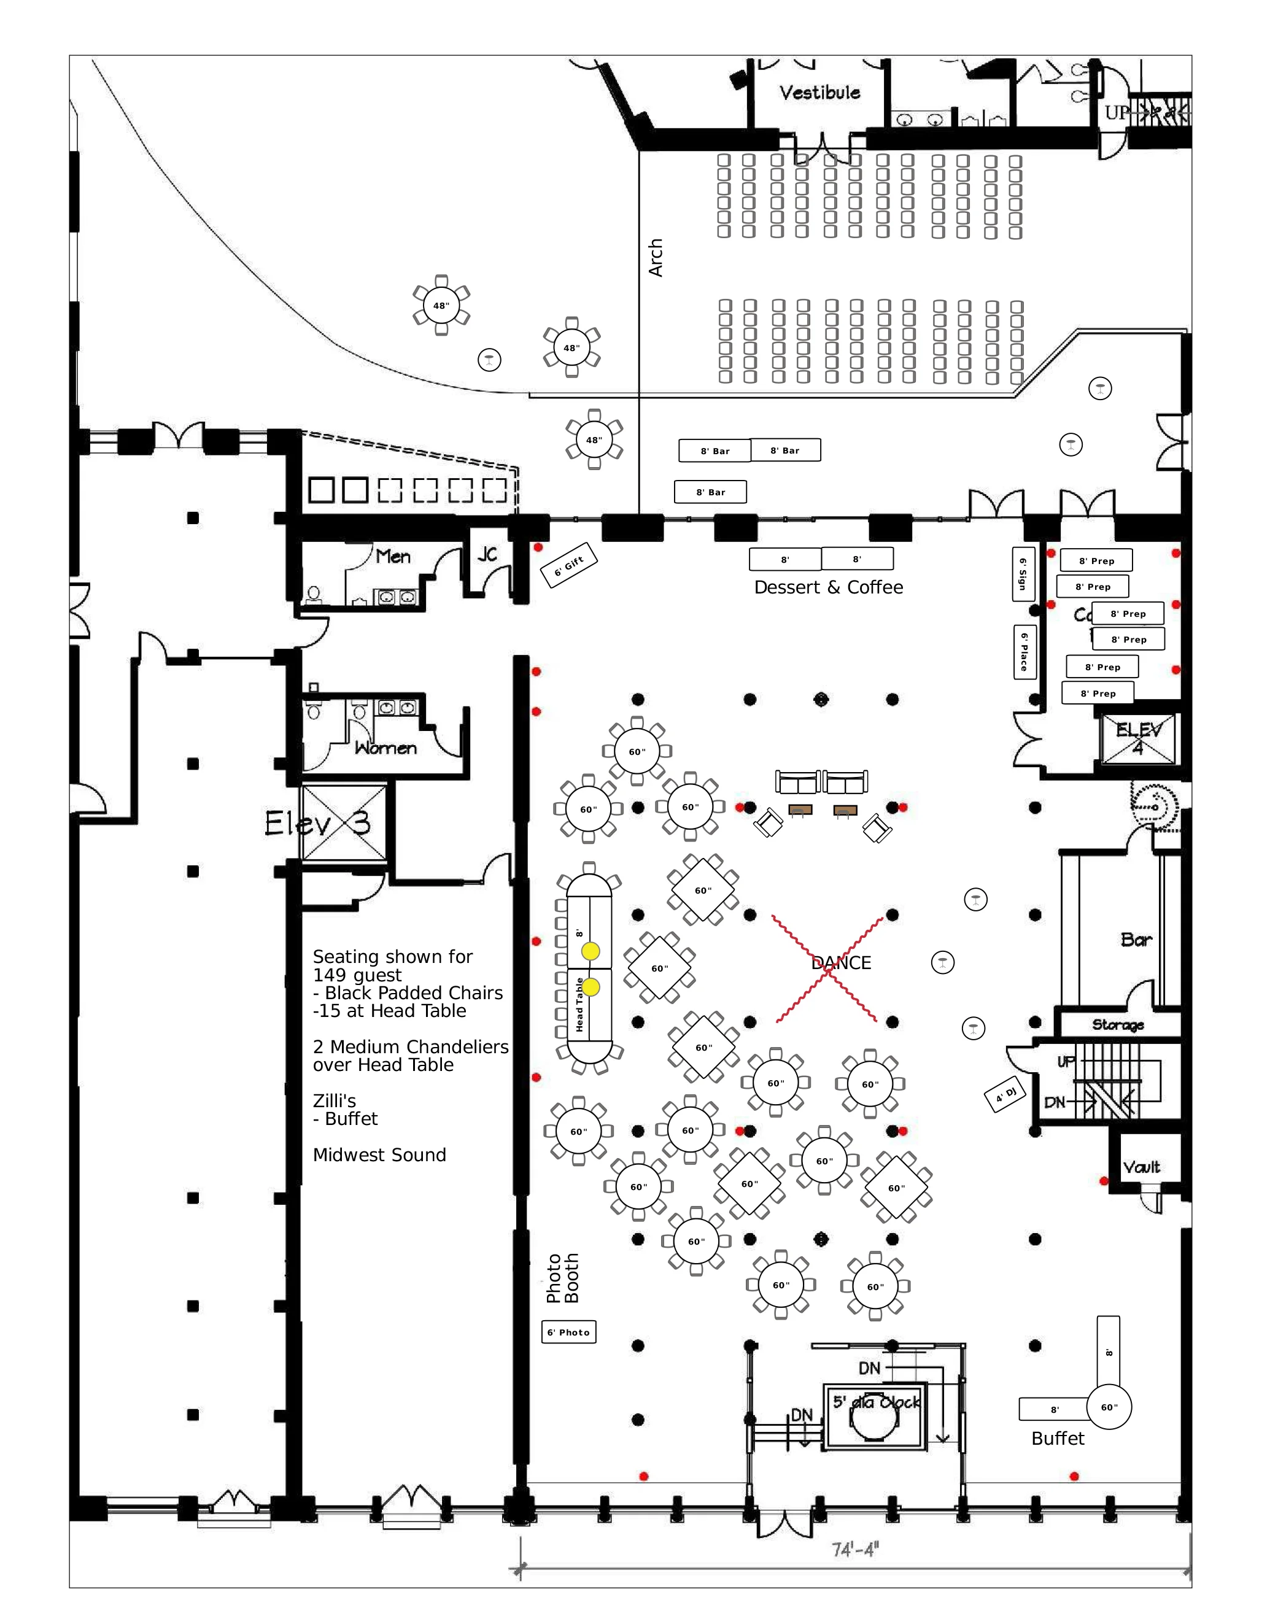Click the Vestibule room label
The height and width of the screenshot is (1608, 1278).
pyautogui.click(x=819, y=93)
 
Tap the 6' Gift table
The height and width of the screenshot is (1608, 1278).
pyautogui.click(x=568, y=565)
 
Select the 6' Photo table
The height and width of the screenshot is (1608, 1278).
pyautogui.click(x=568, y=1332)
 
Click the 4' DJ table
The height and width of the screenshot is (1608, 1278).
pyautogui.click(x=1005, y=1095)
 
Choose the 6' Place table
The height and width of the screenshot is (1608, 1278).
pyautogui.click(x=1024, y=651)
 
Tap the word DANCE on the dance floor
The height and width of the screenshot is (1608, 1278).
pyautogui.click(x=841, y=963)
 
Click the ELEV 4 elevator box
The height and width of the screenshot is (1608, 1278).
pyautogui.click(x=1138, y=738)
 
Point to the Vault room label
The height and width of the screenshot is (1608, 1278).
pyautogui.click(x=1142, y=1167)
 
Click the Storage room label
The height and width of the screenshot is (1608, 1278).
pyautogui.click(x=1118, y=1025)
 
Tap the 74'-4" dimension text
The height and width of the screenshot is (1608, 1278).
pyautogui.click(x=855, y=1550)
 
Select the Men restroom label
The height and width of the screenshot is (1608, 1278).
pyautogui.click(x=393, y=557)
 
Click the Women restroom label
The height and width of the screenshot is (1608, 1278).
pyautogui.click(x=385, y=748)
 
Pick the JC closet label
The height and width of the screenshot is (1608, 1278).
pyautogui.click(x=487, y=554)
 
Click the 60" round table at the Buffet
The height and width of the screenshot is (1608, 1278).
pyautogui.click(x=1109, y=1407)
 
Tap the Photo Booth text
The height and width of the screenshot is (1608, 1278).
pyautogui.click(x=562, y=1278)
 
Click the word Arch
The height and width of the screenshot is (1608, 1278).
pyautogui.click(x=655, y=258)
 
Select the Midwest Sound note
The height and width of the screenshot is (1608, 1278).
pyautogui.click(x=379, y=1155)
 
